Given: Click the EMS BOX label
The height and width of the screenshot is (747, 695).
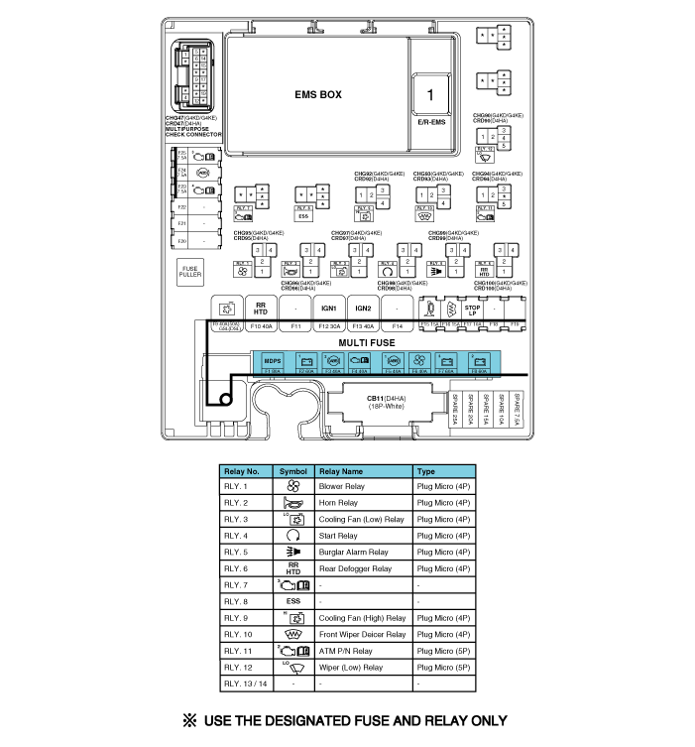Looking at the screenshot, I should [x=317, y=96].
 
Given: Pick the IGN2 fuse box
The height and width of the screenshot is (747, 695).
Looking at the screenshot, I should [x=363, y=309].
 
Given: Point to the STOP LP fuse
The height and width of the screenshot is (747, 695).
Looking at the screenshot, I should [x=472, y=309].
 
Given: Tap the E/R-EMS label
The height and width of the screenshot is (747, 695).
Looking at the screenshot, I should [x=431, y=121].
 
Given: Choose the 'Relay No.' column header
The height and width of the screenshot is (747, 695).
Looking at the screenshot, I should [x=241, y=471].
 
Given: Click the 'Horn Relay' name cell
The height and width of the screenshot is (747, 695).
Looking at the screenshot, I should [x=339, y=503].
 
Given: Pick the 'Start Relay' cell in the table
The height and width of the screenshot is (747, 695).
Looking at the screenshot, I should [x=339, y=536].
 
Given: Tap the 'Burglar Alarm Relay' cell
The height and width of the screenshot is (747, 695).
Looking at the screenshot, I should [x=353, y=552].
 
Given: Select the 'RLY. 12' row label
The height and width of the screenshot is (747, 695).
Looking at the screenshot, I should [x=238, y=668].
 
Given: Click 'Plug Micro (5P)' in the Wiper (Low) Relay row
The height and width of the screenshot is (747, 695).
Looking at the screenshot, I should [x=442, y=668].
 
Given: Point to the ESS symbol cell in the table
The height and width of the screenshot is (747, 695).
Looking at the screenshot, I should [x=292, y=601].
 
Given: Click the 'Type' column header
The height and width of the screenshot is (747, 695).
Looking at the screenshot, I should [x=426, y=471].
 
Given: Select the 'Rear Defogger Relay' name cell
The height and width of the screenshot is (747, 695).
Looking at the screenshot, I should [x=354, y=568].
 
